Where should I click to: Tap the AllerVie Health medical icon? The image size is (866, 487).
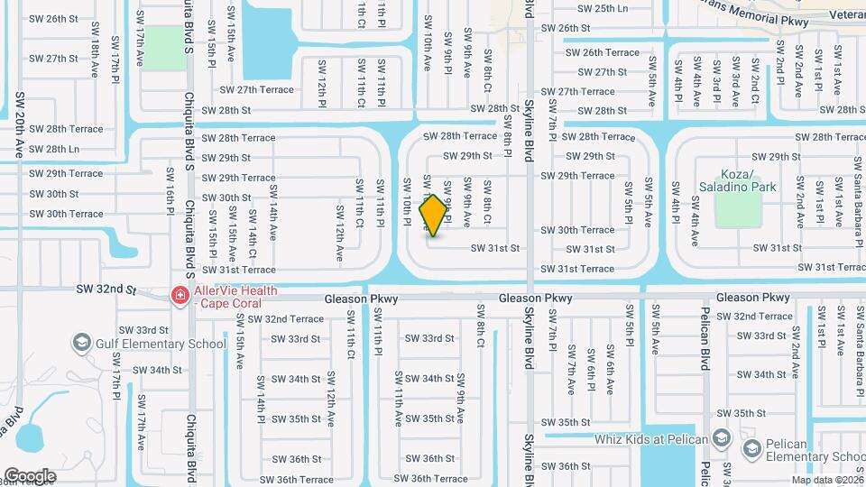[x=180, y=296]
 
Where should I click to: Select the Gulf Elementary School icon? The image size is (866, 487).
[x=82, y=344]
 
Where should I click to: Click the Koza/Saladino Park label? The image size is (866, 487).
[x=738, y=180]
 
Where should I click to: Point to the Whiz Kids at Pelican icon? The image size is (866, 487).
[x=721, y=439]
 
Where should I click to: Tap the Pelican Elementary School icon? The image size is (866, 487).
[x=751, y=449]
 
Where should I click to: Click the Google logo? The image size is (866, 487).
[x=30, y=476]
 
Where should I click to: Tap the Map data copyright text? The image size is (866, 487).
[x=826, y=479]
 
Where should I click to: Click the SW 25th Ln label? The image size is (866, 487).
[x=603, y=8]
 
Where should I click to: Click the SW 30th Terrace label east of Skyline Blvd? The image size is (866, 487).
[x=577, y=230]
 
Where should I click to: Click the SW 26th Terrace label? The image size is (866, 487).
[x=603, y=52]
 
